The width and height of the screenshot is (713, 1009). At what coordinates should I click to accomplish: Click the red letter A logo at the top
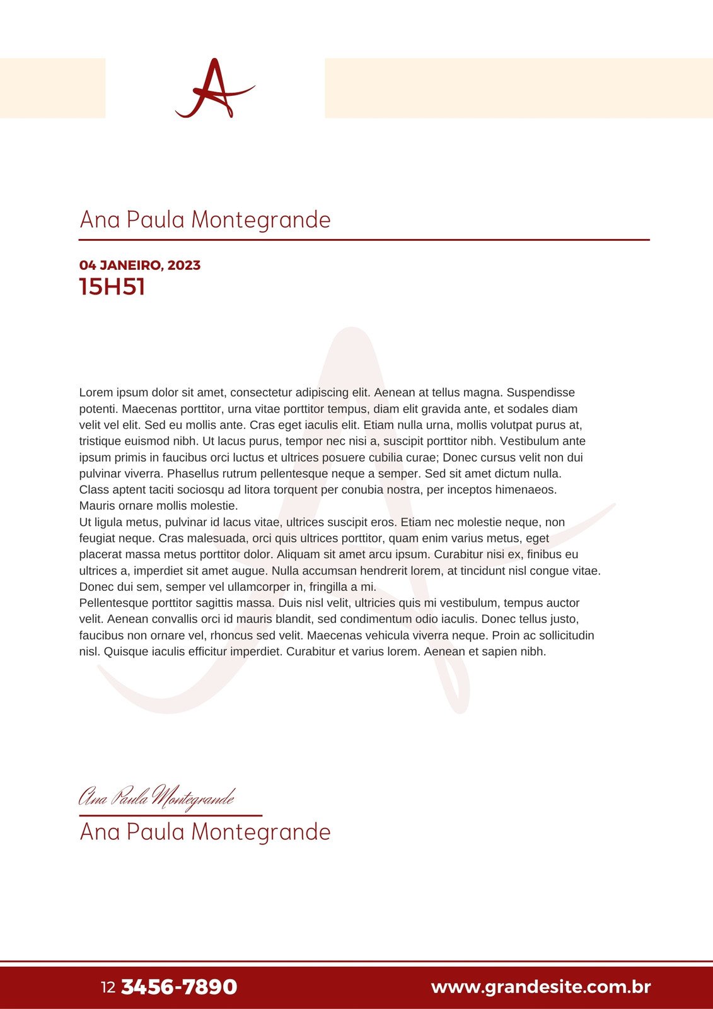(214, 88)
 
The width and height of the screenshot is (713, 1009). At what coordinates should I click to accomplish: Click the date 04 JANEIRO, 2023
(140, 265)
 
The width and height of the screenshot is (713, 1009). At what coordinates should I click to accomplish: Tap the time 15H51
(112, 287)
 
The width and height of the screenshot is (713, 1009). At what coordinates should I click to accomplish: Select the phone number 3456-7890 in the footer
(178, 987)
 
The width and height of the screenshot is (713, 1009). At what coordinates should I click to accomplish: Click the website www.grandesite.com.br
(540, 987)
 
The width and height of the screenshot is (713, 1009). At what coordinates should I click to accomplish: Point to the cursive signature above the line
(156, 797)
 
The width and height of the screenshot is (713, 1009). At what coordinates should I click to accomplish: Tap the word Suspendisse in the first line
(541, 393)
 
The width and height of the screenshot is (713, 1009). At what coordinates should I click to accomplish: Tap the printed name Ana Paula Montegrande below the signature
(205, 832)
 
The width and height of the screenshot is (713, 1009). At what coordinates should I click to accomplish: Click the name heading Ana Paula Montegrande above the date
(205, 220)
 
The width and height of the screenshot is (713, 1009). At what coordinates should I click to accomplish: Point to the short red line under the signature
(170, 815)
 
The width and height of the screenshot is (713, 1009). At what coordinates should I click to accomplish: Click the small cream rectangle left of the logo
(52, 88)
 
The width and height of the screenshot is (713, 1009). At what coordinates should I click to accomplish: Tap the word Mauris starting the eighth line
(97, 506)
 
